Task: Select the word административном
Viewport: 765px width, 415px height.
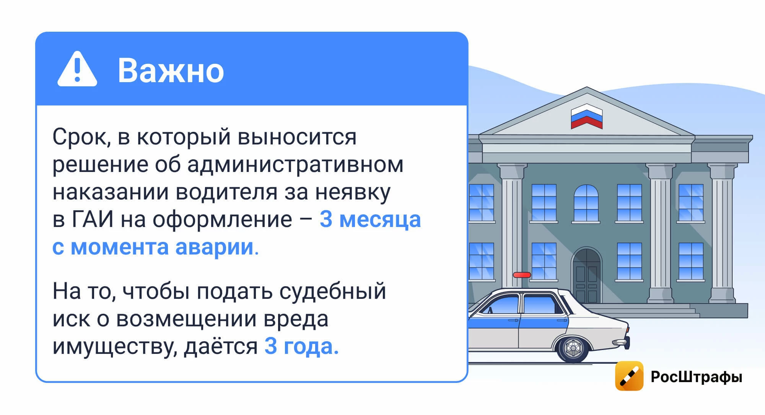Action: click(295, 165)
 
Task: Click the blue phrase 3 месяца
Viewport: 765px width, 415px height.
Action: click(370, 220)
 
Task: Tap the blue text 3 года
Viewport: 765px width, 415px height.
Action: click(301, 347)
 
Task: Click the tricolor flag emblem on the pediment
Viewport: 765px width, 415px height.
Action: click(586, 116)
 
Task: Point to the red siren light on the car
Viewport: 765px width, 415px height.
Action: click(522, 275)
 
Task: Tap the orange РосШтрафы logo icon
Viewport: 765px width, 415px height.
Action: click(629, 376)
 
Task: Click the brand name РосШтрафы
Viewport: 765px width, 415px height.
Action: click(697, 377)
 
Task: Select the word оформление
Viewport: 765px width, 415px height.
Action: click(222, 220)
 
